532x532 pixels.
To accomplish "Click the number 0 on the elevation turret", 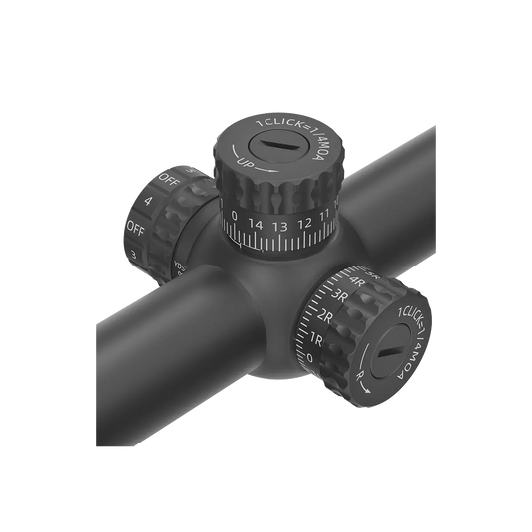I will [234, 217].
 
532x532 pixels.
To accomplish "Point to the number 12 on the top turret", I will [305, 223].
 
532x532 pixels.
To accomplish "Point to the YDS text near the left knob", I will [178, 266].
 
